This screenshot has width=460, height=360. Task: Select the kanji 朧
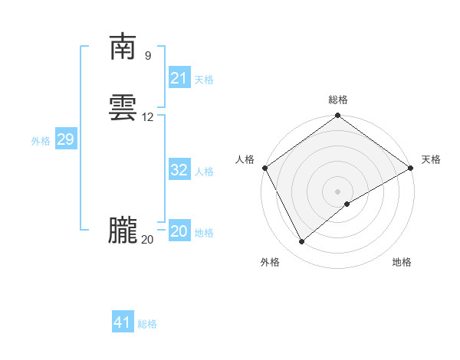pyautogui.click(x=122, y=231)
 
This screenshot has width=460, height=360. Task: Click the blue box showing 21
pyautogui.click(x=179, y=78)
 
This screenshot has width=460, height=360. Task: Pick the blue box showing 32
pyautogui.click(x=179, y=170)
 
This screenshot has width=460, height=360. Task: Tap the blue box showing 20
pyautogui.click(x=179, y=231)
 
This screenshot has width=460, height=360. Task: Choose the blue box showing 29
pyautogui.click(x=65, y=139)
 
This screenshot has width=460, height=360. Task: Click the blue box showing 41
pyautogui.click(x=123, y=322)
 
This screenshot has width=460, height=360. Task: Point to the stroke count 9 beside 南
pyautogui.click(x=147, y=56)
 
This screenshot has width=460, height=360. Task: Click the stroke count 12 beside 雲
pyautogui.click(x=148, y=117)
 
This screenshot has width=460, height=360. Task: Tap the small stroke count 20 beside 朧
pyautogui.click(x=147, y=240)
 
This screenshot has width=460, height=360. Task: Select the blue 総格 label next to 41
pyautogui.click(x=147, y=324)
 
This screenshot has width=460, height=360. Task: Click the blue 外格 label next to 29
pyautogui.click(x=40, y=141)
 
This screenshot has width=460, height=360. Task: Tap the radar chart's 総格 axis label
pyautogui.click(x=338, y=100)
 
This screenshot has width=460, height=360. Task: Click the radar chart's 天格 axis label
pyautogui.click(x=431, y=159)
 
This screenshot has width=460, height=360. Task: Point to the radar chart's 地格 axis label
pyautogui.click(x=402, y=262)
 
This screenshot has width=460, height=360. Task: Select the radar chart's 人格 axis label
pyautogui.click(x=245, y=159)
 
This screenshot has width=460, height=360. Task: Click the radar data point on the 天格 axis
pyautogui.click(x=411, y=168)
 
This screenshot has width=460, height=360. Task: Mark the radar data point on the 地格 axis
pyautogui.click(x=347, y=204)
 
